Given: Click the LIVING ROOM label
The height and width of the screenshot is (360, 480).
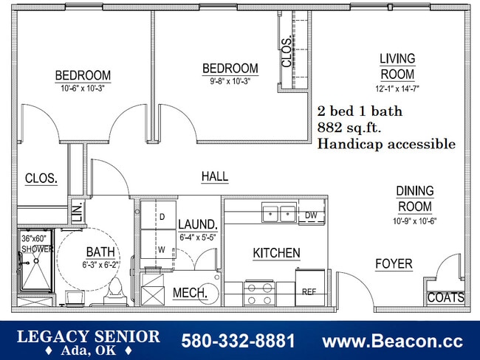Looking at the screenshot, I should pos(397,66).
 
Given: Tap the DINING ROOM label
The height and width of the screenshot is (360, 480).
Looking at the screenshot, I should pos(415,199).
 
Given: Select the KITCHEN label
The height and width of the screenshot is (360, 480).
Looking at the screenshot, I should pos(276,253).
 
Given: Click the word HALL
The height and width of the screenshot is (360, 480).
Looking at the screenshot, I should pos(215,177).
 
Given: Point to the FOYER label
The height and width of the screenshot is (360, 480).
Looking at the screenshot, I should pos(394,264).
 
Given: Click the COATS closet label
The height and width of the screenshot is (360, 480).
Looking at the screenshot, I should pos(446,298).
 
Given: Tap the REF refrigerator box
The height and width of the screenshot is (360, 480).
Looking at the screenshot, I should pos(309,291).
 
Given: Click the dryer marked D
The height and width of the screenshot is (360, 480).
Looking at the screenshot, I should pos(162,218).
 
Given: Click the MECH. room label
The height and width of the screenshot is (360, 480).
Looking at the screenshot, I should pos(190,293).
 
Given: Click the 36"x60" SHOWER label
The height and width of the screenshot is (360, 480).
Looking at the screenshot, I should pos(37,243).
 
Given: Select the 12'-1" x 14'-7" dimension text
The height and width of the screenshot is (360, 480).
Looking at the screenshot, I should pos(397,89).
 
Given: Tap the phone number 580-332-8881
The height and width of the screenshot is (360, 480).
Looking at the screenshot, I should pos(238,341).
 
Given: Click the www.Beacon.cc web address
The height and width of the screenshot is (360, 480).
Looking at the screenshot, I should pos(393,341).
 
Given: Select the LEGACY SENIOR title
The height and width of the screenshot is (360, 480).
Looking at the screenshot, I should pos(88,336).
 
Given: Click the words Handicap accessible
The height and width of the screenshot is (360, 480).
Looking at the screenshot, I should pos(386,144).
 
